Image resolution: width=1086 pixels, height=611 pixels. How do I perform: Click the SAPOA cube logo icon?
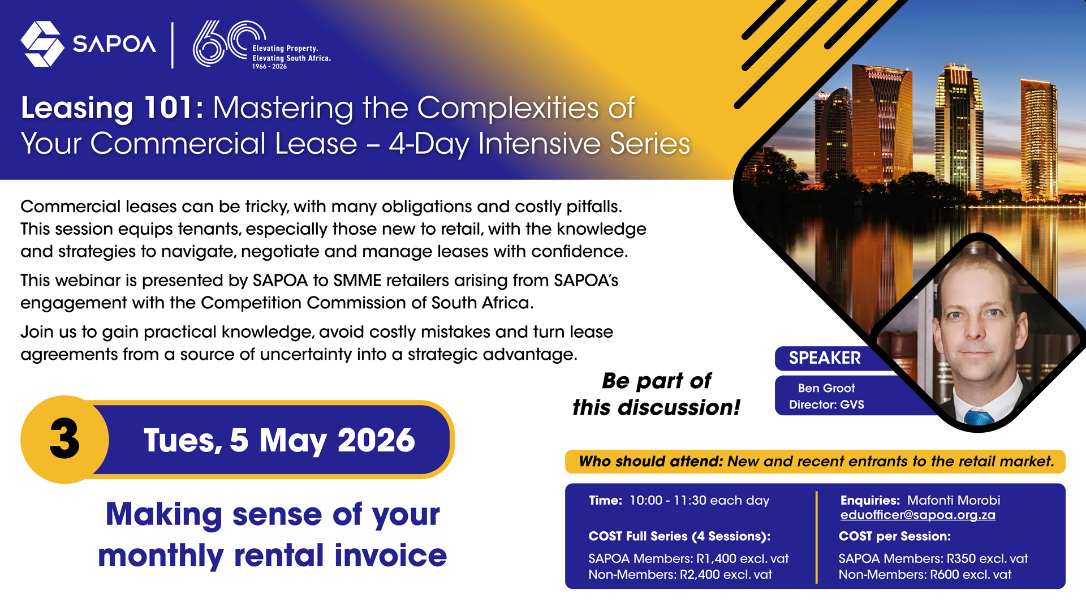pyautogui.click(x=42, y=44)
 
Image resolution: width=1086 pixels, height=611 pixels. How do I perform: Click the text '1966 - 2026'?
pyautogui.click(x=269, y=67)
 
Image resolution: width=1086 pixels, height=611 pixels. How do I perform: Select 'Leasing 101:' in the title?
pyautogui.click(x=112, y=107)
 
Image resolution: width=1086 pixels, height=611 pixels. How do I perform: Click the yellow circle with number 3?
pyautogui.click(x=64, y=440)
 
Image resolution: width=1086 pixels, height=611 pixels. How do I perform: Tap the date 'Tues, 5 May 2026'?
pyautogui.click(x=279, y=440)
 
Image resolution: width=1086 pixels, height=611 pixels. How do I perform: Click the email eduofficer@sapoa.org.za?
pyautogui.click(x=917, y=515)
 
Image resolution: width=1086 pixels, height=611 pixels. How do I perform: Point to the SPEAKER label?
pyautogui.click(x=825, y=358)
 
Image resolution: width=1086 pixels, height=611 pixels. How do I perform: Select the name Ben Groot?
pyautogui.click(x=826, y=388)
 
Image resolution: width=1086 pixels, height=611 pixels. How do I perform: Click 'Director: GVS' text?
pyautogui.click(x=826, y=405)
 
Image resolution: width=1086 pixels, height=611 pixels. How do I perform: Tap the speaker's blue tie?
pyautogui.click(x=978, y=418)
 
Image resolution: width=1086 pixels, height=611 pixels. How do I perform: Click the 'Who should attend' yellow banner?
pyautogui.click(x=815, y=462)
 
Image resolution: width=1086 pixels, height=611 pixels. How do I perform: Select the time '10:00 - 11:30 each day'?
pyautogui.click(x=699, y=501)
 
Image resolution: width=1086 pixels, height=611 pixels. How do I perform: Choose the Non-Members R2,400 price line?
pyautogui.click(x=680, y=575)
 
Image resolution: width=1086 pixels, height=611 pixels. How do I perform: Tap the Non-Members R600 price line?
pyautogui.click(x=925, y=575)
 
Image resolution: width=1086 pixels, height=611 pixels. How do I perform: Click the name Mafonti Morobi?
pyautogui.click(x=954, y=501)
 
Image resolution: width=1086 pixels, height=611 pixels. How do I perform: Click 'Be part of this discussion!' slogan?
pyautogui.click(x=656, y=394)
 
